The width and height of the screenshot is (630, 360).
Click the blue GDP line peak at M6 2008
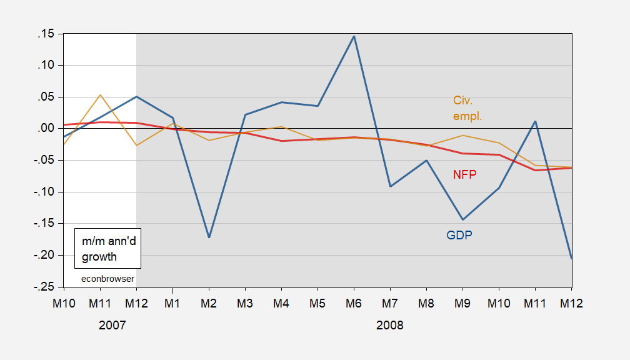(x=354, y=36)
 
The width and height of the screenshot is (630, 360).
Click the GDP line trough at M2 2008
(x=209, y=237)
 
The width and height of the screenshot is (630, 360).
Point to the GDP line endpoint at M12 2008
(x=571, y=257)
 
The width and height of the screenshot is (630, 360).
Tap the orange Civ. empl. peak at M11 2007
(x=100, y=95)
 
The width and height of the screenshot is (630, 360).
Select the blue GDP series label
(x=459, y=236)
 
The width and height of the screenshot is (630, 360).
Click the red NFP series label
(x=464, y=175)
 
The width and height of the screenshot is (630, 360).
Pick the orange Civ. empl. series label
(x=467, y=108)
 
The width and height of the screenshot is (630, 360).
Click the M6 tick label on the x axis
(x=354, y=303)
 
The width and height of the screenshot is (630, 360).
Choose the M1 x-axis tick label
(x=172, y=303)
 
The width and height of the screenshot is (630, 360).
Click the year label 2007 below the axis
(x=112, y=326)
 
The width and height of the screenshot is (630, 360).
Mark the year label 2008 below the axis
(x=390, y=326)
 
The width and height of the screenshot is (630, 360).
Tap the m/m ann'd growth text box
(x=104, y=249)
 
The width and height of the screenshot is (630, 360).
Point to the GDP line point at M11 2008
(x=535, y=121)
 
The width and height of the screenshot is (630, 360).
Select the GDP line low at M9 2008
(x=462, y=219)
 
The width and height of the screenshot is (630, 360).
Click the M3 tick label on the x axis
(x=245, y=303)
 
